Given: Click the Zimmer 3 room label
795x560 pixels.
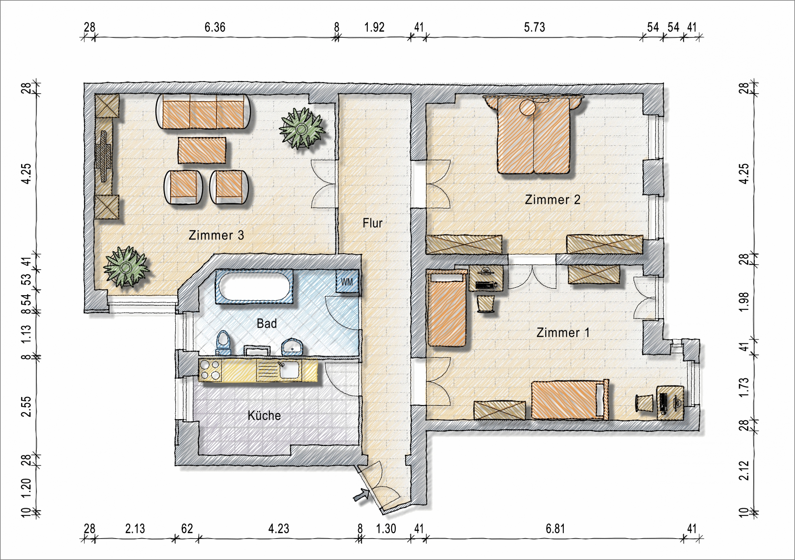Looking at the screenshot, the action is [216, 235].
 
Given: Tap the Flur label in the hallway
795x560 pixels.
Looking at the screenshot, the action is [373, 223].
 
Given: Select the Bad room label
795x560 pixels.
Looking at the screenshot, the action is [266, 324].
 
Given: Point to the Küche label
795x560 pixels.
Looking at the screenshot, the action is [264, 415].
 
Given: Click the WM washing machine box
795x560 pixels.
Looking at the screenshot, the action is [347, 281].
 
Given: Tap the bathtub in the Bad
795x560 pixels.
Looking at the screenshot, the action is [255, 287].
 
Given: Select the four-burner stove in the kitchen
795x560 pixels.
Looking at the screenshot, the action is [210, 370].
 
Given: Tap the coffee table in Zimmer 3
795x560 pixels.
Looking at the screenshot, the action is [202, 150].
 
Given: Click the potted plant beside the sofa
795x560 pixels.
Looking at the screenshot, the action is [302, 128].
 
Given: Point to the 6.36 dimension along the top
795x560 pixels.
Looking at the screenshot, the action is [215, 27].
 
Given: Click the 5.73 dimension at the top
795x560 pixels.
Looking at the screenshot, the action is [534, 27].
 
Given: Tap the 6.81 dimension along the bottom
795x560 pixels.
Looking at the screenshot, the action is [555, 529].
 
